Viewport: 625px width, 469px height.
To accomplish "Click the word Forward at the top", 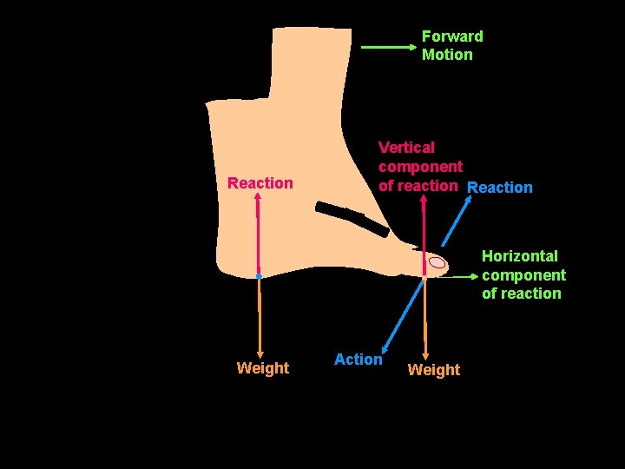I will click(x=451, y=36).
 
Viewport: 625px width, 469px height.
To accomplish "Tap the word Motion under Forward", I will click(x=447, y=55).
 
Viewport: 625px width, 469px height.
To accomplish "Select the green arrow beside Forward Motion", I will click(x=389, y=48).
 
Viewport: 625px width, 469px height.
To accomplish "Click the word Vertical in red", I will click(x=406, y=148).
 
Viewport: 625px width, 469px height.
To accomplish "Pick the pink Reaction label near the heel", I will click(x=260, y=183).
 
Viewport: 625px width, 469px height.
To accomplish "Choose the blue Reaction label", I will click(x=500, y=188).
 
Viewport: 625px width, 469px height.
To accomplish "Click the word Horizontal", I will click(x=520, y=256).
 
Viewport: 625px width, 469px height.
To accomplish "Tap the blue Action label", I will click(x=358, y=360).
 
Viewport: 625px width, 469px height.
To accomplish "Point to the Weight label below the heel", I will click(x=262, y=368).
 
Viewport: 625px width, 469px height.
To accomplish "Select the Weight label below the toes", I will click(x=433, y=370).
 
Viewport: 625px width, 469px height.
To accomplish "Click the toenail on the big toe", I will click(x=437, y=262).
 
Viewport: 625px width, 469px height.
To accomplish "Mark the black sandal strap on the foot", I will click(x=352, y=219).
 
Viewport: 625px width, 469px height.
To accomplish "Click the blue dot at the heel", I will click(x=259, y=276).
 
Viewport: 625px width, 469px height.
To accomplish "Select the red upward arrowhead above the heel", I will click(x=258, y=197).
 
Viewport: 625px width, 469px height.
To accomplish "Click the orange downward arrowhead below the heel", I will click(x=260, y=351).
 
